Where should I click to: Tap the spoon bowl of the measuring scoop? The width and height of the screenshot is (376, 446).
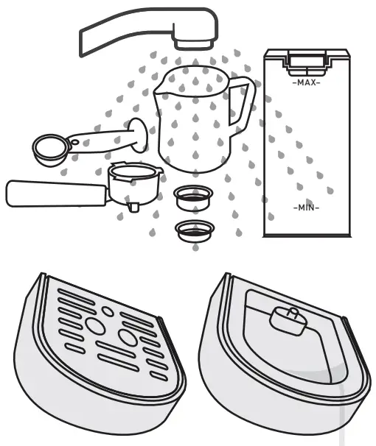[x=48, y=147]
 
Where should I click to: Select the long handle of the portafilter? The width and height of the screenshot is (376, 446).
[x=52, y=194]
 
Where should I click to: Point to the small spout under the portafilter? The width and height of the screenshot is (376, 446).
[x=133, y=206]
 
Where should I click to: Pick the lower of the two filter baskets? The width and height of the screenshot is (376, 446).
[x=193, y=230]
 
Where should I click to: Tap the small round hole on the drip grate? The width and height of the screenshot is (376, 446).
[x=108, y=311]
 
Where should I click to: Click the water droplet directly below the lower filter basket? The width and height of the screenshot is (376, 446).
[x=195, y=248]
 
